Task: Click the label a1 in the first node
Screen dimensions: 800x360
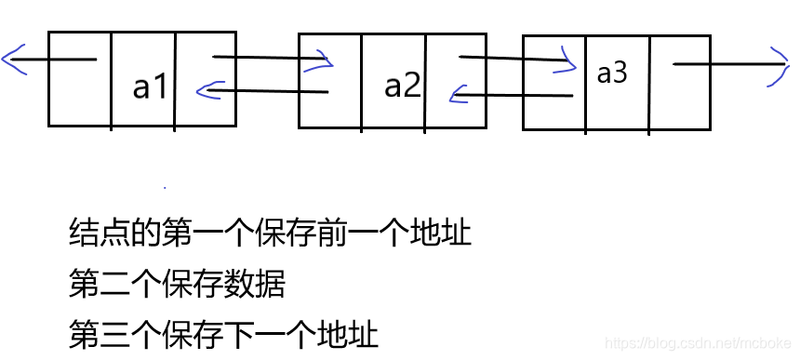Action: pos(151,87)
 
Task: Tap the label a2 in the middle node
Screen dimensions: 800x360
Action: pos(403,86)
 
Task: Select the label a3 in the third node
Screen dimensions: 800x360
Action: pos(611,73)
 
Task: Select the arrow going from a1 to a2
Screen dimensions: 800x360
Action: pos(270,60)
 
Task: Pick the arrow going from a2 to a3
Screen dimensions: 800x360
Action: pos(512,60)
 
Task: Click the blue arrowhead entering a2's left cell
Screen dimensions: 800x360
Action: pos(324,61)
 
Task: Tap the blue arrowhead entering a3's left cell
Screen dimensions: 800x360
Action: pos(567,61)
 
